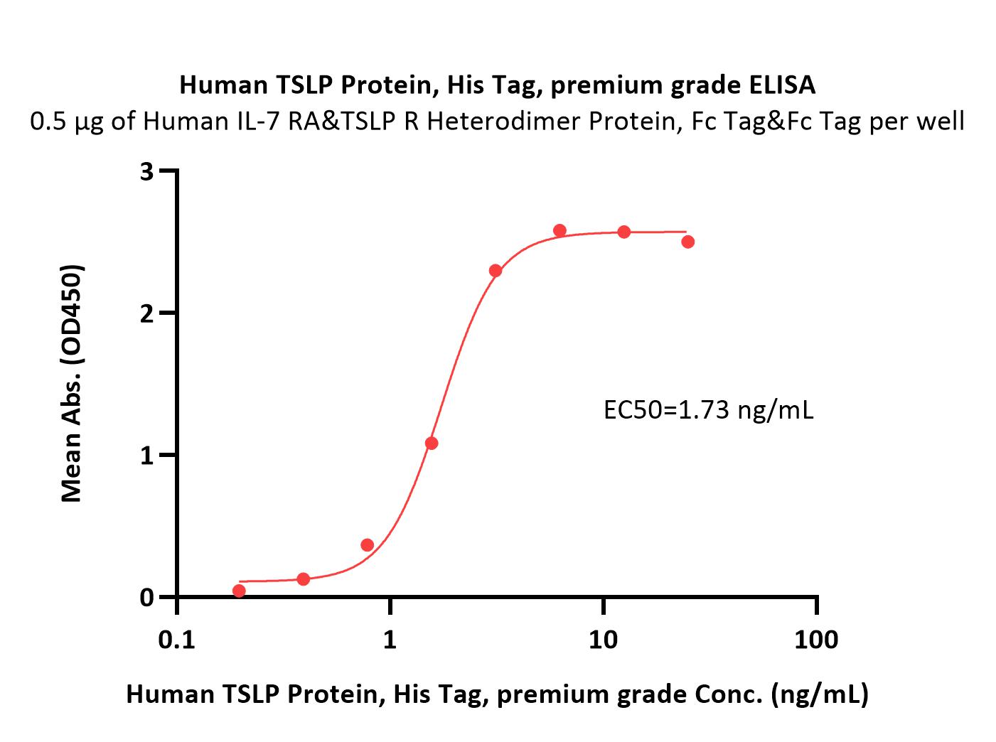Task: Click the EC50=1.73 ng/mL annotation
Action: (x=708, y=410)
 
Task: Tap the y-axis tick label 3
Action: (x=146, y=172)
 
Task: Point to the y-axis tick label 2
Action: (x=146, y=313)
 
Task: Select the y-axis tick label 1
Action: (x=146, y=455)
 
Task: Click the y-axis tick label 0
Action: (x=146, y=597)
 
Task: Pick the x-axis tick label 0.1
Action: (x=176, y=640)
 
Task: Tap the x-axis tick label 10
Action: (x=603, y=640)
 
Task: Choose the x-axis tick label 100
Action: (x=816, y=640)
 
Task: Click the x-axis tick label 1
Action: (x=390, y=640)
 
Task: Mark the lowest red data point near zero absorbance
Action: (x=239, y=591)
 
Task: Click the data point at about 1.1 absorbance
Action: (x=432, y=443)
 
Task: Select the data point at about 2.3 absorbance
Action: (x=496, y=271)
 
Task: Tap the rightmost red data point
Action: (x=688, y=242)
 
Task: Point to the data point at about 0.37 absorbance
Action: (x=368, y=544)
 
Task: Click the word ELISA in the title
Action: (x=782, y=85)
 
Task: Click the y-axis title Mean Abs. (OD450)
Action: (x=71, y=383)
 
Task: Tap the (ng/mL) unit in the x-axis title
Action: (x=820, y=694)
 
